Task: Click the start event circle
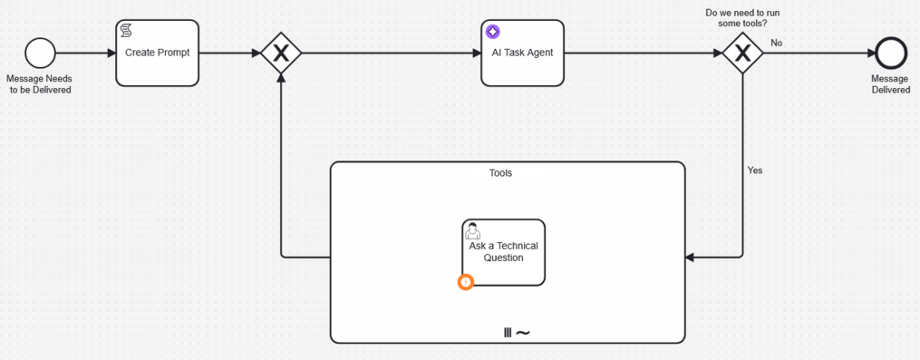40,54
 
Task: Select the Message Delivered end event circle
891,54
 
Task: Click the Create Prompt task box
157,54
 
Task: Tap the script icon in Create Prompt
127,32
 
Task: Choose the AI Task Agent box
522,54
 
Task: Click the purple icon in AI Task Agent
492,32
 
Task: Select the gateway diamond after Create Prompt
281,54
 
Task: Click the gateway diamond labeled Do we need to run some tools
742,54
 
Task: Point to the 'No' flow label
777,43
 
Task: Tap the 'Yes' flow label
755,170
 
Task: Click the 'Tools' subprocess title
500,172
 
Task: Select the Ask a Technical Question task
504,253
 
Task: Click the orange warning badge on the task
465,282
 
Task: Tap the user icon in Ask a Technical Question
472,230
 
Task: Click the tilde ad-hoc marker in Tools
523,333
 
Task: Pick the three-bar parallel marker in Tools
508,333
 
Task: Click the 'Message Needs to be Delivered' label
40,84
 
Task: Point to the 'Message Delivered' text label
890,84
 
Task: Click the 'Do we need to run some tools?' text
742,17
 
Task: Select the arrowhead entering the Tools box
690,258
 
